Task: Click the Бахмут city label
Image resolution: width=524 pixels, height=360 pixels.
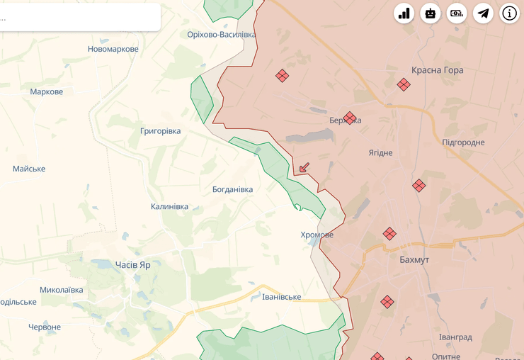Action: tap(414, 260)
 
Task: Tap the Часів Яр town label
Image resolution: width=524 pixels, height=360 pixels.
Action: tap(133, 264)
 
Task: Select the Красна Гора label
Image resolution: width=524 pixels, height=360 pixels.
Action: tap(437, 70)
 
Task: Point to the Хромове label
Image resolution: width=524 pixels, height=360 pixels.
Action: tap(317, 235)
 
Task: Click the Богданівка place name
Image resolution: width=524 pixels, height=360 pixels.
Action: tap(232, 189)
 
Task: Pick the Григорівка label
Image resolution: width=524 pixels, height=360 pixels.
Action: tap(161, 131)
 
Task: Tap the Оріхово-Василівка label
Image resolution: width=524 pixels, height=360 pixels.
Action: tap(221, 34)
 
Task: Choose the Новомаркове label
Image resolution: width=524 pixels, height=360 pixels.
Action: tap(113, 49)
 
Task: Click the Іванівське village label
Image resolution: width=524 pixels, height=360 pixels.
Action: tap(282, 296)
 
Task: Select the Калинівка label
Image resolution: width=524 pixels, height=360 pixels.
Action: tap(170, 206)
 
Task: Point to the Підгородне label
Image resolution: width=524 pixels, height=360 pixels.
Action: tap(463, 142)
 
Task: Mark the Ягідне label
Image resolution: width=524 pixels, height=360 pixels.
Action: tap(380, 152)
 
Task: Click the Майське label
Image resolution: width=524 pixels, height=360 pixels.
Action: tap(29, 169)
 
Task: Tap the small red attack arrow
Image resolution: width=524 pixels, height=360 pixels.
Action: tap(304, 168)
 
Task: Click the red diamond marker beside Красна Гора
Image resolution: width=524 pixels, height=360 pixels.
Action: tap(404, 85)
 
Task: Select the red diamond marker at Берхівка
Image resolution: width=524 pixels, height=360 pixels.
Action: tap(350, 118)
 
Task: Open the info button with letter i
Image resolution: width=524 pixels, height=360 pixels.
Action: tap(511, 13)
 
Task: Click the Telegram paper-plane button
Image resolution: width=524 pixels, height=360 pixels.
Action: tap(484, 13)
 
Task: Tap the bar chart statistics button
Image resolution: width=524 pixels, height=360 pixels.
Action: tap(404, 13)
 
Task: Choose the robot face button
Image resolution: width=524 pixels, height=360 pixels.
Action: tap(431, 13)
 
